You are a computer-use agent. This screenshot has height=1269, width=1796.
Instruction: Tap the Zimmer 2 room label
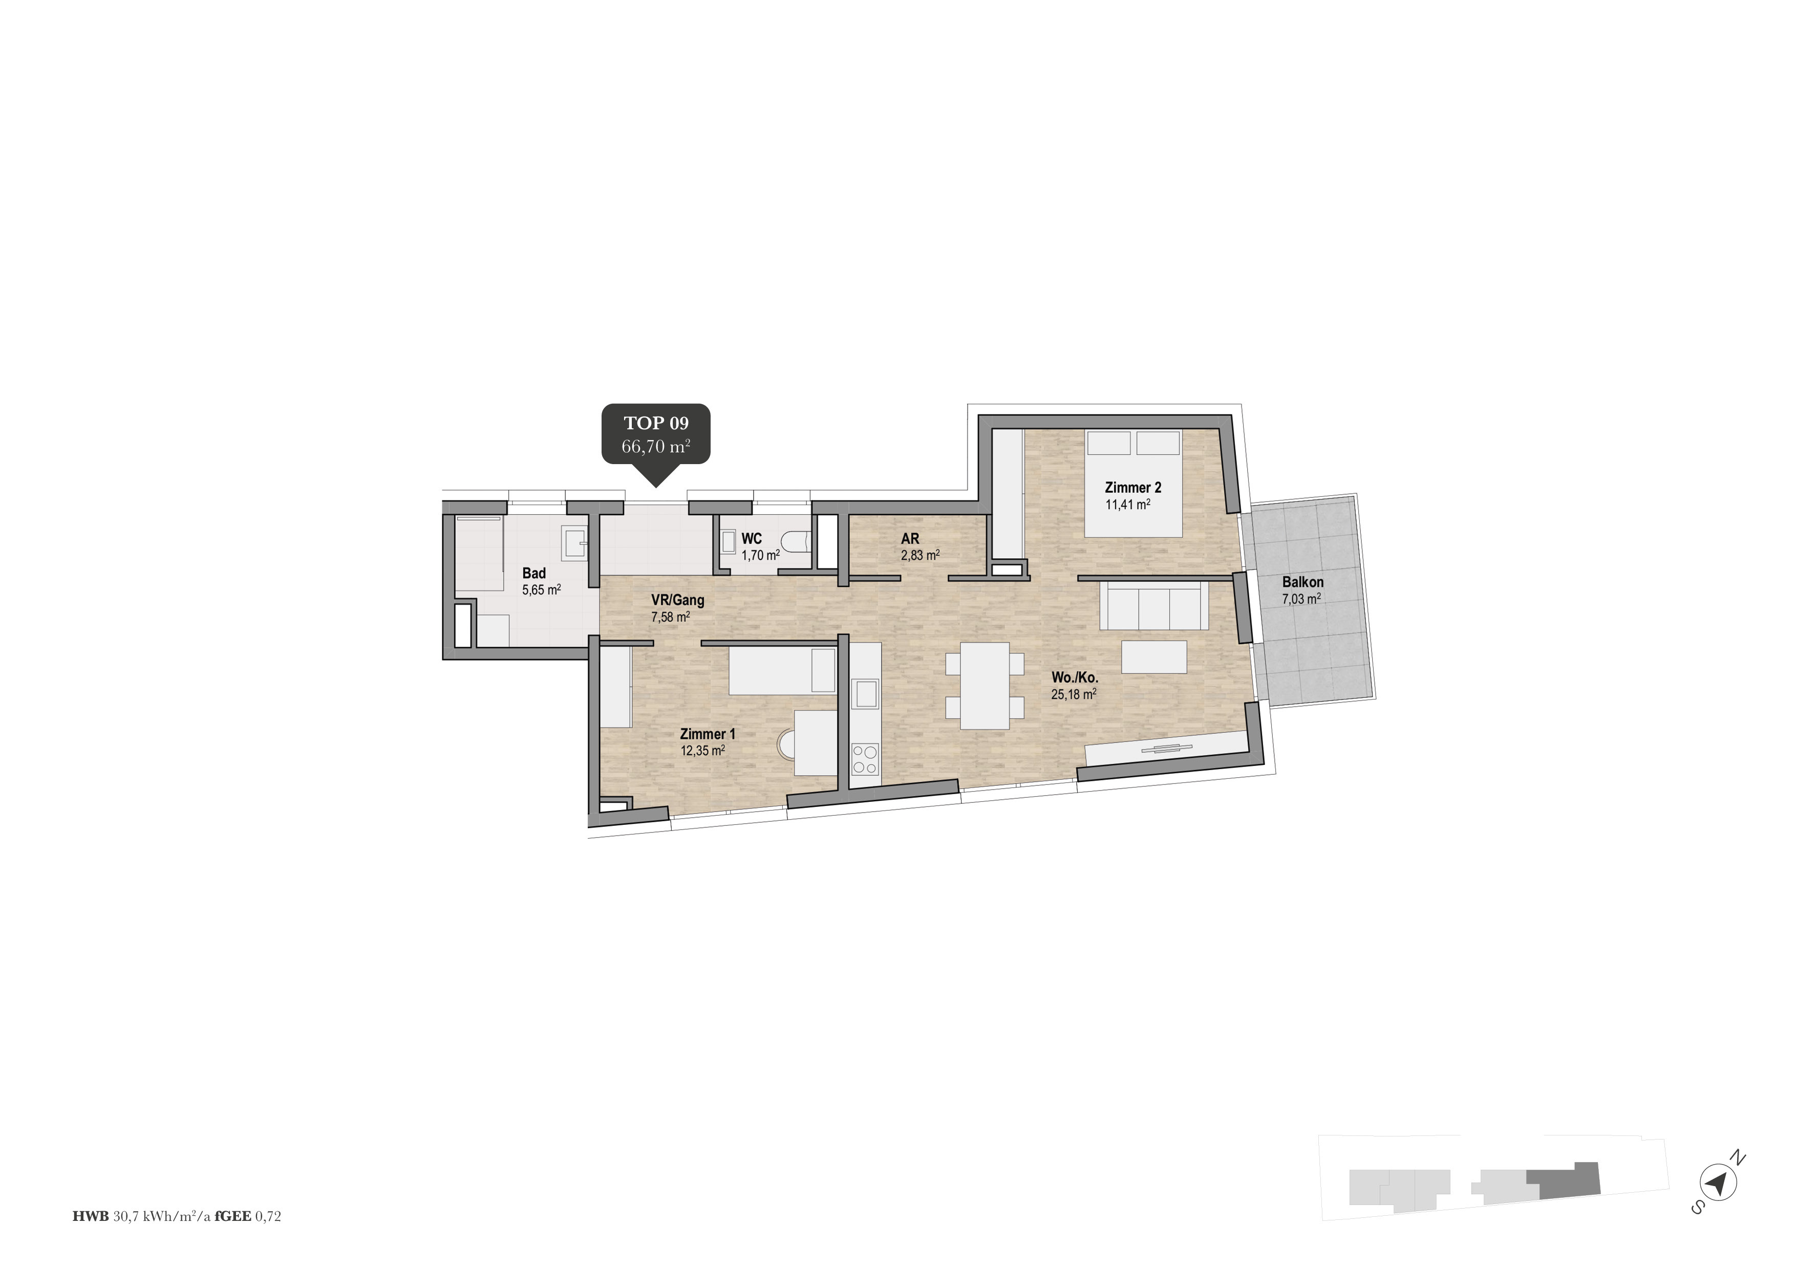[x=1132, y=487]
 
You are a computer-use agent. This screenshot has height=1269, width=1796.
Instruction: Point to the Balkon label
[x=1302, y=582]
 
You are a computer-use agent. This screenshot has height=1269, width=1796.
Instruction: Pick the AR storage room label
[x=910, y=539]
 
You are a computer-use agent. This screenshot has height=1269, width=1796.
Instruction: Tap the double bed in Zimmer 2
[x=1132, y=483]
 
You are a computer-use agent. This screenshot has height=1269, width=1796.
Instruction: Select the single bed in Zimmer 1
[x=782, y=671]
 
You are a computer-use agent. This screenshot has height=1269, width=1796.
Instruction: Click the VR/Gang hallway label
[x=677, y=601]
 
